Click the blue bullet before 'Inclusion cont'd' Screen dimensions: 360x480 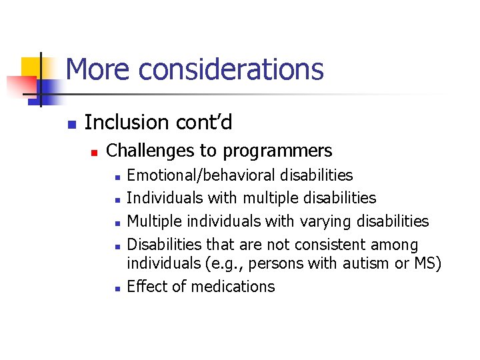tap(72, 124)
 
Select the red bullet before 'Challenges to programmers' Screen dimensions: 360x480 tap(94, 153)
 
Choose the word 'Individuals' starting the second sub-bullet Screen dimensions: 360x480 tap(165, 198)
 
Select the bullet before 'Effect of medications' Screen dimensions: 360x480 tap(116, 289)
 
